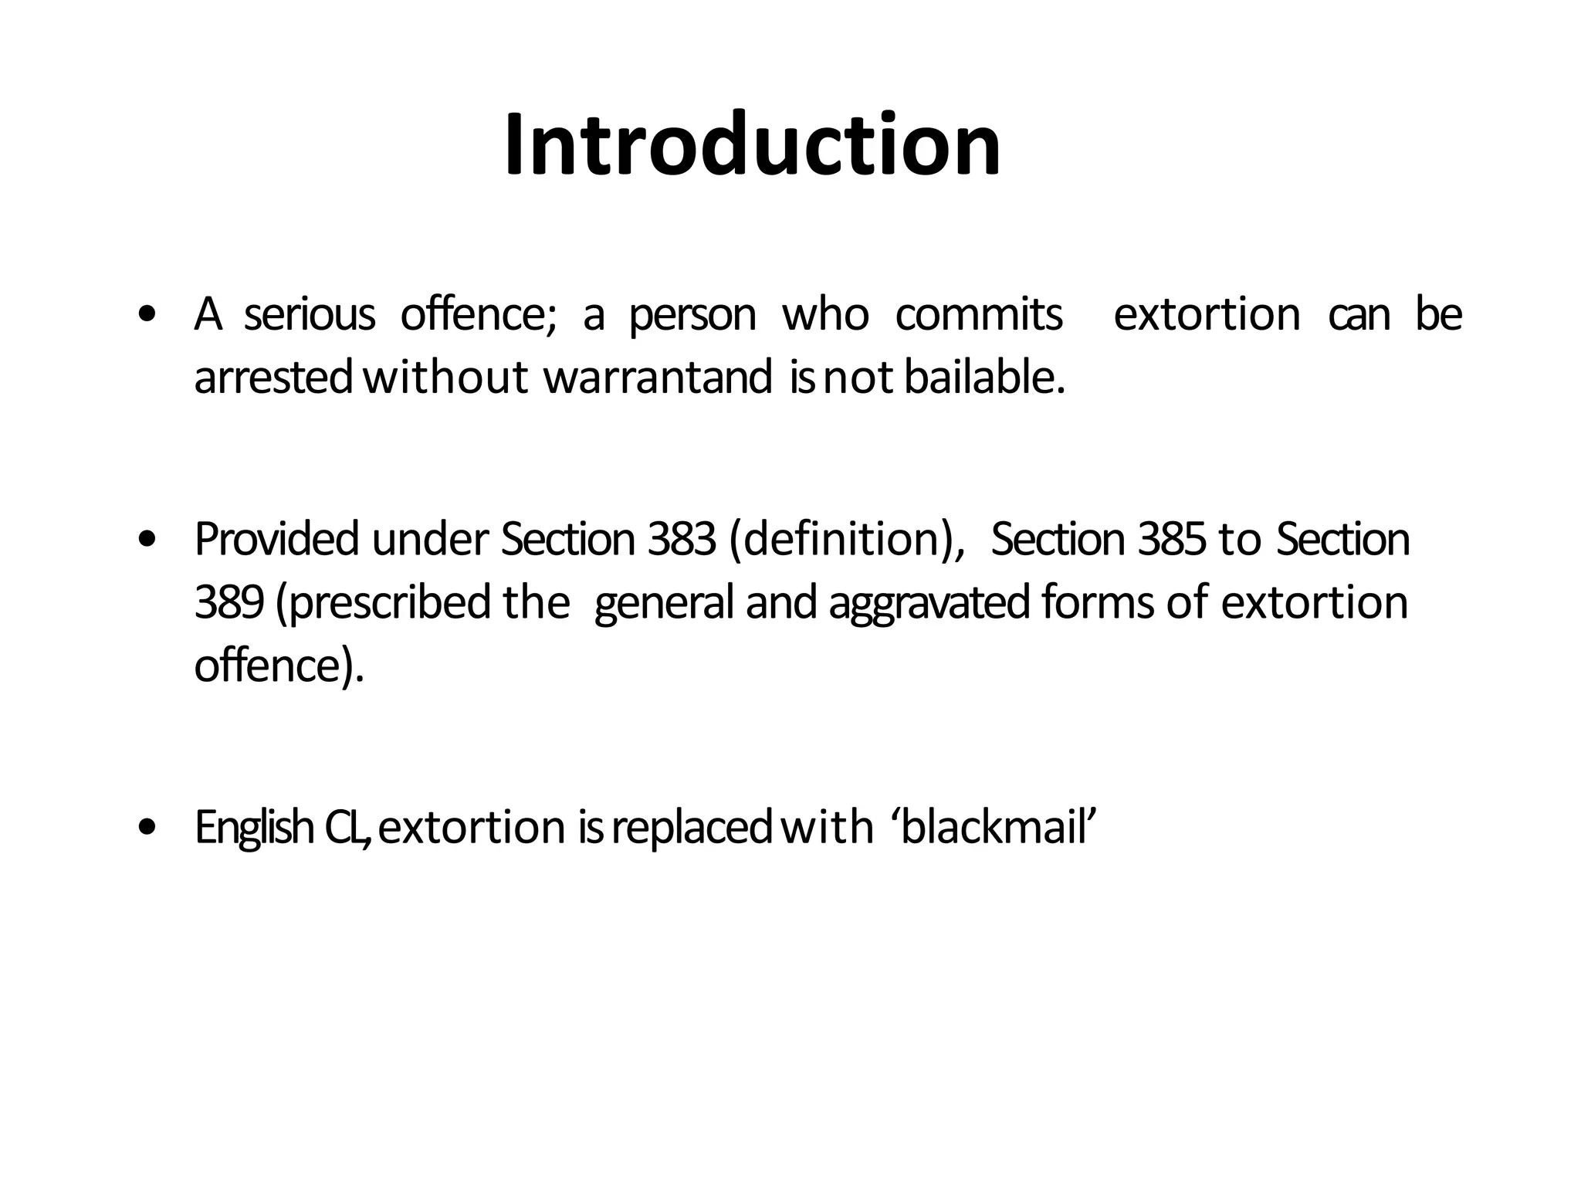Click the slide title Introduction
(x=753, y=145)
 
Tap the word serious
(x=309, y=315)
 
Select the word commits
(x=978, y=315)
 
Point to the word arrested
(x=273, y=378)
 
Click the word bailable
(x=983, y=378)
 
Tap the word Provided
(x=276, y=539)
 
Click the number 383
(x=682, y=539)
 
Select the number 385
(x=1171, y=539)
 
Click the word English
(x=254, y=828)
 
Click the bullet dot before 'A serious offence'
(x=146, y=315)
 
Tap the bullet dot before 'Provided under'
(x=146, y=540)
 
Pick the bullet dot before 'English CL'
(x=146, y=828)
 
